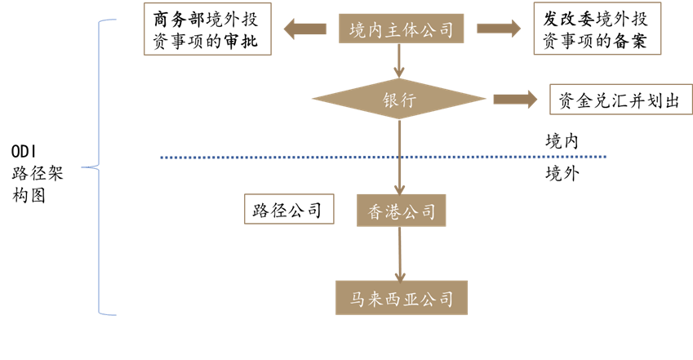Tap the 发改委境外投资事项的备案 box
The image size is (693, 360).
tap(597, 30)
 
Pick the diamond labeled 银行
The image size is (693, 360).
tap(400, 100)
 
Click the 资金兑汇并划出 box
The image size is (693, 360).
tap(620, 100)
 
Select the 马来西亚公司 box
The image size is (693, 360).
tap(402, 298)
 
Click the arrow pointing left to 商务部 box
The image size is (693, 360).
tap(309, 30)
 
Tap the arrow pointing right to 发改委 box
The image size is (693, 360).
tap(499, 29)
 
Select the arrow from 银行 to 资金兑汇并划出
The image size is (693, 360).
tap(514, 100)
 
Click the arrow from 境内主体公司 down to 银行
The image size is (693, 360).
tap(399, 61)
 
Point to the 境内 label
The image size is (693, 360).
tap(562, 141)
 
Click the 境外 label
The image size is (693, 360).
tap(562, 173)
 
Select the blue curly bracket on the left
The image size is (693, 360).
tap(100, 167)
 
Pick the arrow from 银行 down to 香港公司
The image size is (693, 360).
tap(399, 159)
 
